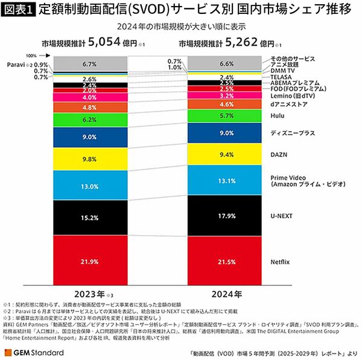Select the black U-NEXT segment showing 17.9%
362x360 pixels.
[224, 216]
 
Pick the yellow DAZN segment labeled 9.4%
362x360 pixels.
[224, 154]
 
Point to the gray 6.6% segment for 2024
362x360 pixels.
[224, 63]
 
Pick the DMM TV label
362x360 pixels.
[282, 71]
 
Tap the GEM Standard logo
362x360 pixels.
[34, 352]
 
